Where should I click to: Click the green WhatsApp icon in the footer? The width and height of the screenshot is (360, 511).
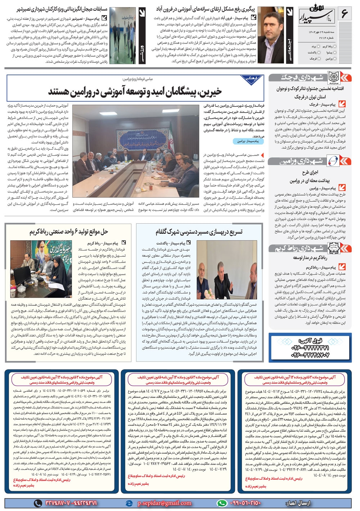tap(222, 503)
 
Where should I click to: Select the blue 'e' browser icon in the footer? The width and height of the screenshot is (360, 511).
tap(129, 503)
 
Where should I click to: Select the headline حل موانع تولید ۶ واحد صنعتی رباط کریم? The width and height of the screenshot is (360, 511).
tap(69, 232)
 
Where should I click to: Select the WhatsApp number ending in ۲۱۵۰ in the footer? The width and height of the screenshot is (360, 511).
tap(244, 503)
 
